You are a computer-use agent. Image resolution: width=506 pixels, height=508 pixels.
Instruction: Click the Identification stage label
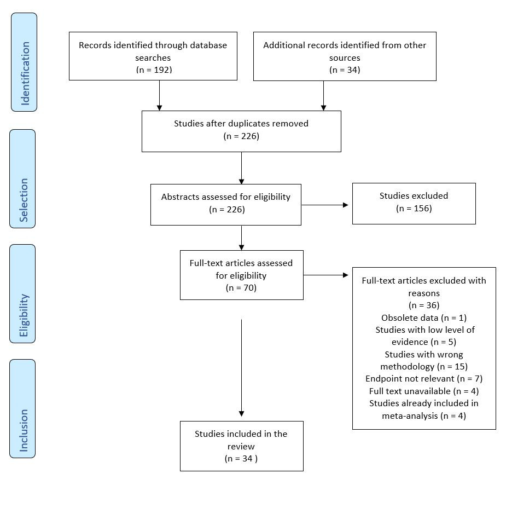(x=24, y=62)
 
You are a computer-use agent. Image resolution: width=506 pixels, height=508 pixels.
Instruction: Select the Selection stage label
(x=22, y=178)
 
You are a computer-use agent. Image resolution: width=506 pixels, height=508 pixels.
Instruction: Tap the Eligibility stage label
(x=22, y=293)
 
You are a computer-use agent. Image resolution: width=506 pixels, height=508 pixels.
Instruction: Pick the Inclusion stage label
(x=22, y=408)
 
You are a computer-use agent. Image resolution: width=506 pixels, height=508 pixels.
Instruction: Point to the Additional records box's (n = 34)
(x=344, y=70)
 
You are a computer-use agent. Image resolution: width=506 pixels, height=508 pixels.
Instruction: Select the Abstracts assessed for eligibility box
(x=225, y=204)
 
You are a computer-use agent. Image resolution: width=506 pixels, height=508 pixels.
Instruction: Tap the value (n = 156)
(x=414, y=208)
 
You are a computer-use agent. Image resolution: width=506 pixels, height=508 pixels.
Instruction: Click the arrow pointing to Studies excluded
(x=325, y=205)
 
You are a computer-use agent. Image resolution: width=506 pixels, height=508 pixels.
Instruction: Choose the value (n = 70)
(x=241, y=288)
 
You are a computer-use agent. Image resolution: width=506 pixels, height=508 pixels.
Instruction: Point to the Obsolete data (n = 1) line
(x=423, y=317)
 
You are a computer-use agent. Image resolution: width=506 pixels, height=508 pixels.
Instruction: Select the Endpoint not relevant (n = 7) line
(x=423, y=378)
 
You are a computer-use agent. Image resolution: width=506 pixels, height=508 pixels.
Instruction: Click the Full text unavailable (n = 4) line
(x=423, y=391)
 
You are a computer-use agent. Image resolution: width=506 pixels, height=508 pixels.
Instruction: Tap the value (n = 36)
(x=423, y=305)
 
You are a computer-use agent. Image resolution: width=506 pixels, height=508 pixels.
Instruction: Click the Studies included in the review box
(x=241, y=446)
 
